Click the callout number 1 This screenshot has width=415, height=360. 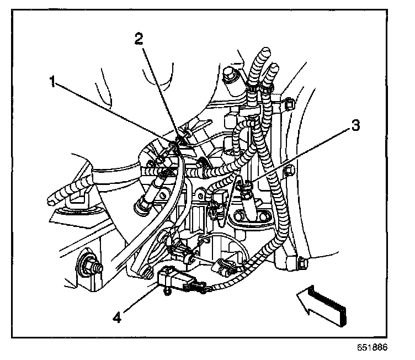point(52,82)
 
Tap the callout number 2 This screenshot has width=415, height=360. point(139,38)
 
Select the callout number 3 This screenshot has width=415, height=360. point(355,126)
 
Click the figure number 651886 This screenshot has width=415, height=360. point(373,349)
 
